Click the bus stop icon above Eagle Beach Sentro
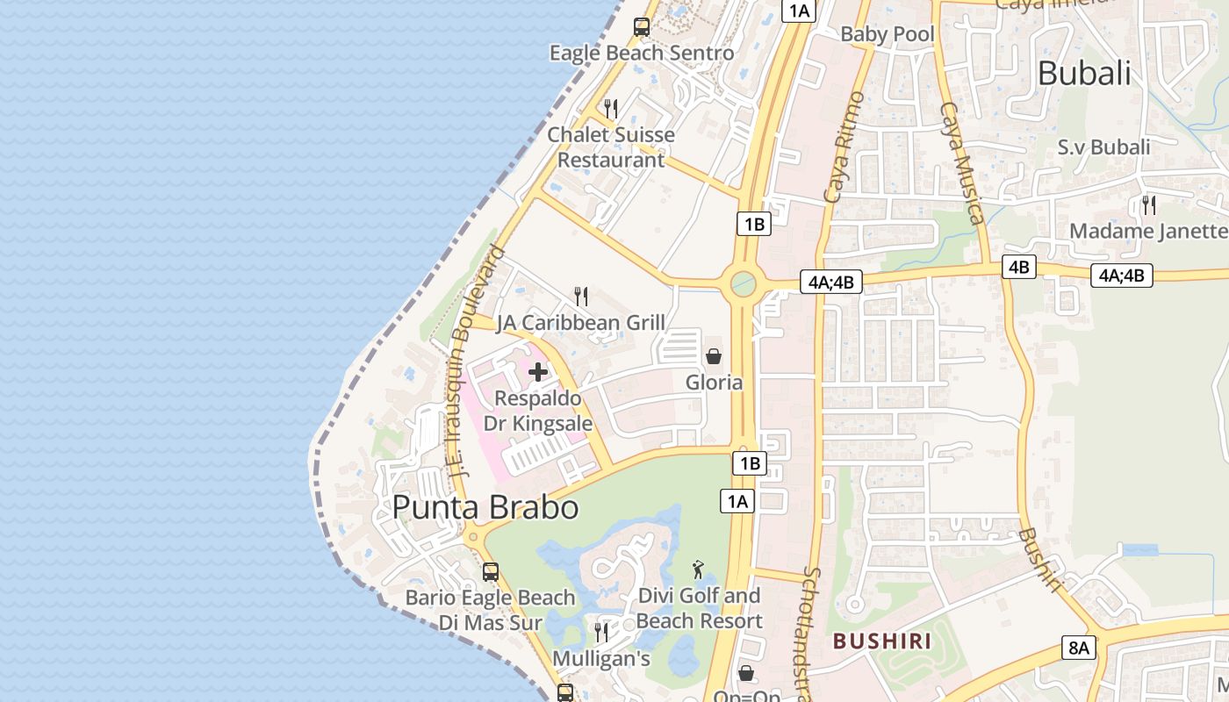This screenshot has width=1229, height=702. (642, 26)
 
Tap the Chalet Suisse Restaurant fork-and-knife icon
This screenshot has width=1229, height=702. (611, 109)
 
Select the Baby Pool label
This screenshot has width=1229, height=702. (888, 34)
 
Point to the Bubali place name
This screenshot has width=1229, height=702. (1084, 74)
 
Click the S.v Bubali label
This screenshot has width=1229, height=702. (1103, 147)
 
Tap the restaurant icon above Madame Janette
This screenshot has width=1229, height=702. (1148, 205)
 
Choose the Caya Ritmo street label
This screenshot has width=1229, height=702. (844, 147)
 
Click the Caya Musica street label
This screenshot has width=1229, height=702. (962, 162)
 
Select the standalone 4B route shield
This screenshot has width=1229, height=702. (1018, 267)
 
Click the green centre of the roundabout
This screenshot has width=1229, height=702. (743, 283)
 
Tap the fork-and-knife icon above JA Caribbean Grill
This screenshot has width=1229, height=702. (580, 297)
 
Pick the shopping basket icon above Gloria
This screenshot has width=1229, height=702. (714, 356)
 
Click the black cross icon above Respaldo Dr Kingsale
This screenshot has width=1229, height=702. (538, 372)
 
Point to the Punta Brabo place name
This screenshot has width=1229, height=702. (485, 507)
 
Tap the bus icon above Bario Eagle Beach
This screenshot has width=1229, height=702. (491, 572)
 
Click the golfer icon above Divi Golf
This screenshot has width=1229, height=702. (698, 569)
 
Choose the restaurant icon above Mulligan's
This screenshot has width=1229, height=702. (601, 632)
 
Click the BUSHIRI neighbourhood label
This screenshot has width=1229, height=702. (882, 641)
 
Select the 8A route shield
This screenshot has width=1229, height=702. (1078, 648)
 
